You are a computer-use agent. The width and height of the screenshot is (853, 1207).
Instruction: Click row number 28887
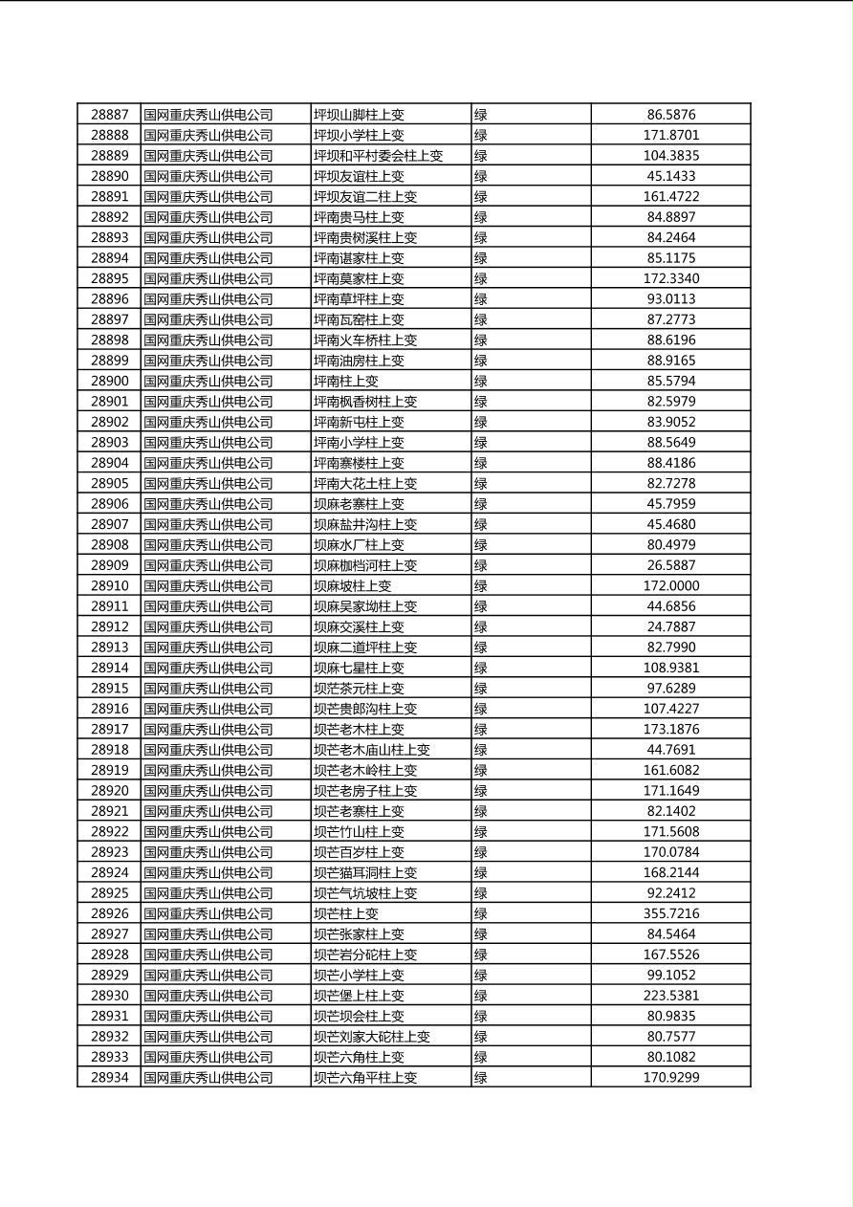pos(109,115)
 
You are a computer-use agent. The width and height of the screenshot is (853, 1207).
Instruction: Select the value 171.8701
pos(670,135)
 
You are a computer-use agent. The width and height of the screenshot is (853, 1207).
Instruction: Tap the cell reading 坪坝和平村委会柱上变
pos(379,156)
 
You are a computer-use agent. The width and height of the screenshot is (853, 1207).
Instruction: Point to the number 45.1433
pos(670,176)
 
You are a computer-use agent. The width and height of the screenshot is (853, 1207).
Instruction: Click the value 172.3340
pos(670,278)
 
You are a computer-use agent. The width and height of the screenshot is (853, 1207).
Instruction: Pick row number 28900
pos(109,381)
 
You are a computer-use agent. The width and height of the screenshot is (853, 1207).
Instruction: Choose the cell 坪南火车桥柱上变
pos(365,340)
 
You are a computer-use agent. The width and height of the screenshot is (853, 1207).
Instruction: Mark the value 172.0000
pos(670,585)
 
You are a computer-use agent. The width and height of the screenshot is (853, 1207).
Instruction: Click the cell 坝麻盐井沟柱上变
pos(365,524)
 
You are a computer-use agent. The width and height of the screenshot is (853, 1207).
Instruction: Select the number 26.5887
pos(670,565)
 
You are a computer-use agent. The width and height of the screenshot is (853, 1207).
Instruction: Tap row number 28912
pos(109,626)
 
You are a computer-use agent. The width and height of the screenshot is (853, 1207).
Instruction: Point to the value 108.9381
pos(670,668)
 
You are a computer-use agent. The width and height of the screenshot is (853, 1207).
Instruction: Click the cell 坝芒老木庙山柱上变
pos(372,750)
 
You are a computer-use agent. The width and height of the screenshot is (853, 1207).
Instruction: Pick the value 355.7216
pos(670,913)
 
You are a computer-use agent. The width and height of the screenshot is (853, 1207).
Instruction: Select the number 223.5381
pos(670,996)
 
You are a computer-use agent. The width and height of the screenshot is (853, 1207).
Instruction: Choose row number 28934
pos(109,1078)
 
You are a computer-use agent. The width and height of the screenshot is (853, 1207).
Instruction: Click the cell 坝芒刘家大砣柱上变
pos(372,1037)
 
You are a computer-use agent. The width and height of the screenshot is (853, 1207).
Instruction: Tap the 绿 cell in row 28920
pos(481,791)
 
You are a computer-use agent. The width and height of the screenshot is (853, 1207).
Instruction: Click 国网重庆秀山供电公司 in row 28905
pos(208,483)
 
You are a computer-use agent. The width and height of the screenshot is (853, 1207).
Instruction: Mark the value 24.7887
pos(670,626)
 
